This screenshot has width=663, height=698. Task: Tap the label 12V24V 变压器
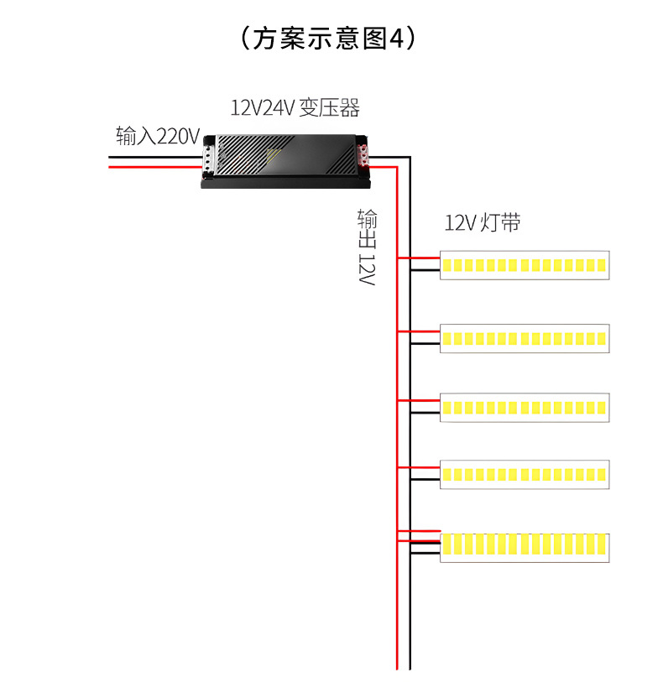point(295,107)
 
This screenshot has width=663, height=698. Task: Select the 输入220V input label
point(158,135)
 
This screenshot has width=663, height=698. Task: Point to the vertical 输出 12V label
point(367,247)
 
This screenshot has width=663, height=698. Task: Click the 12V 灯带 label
point(483,223)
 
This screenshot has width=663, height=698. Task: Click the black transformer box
point(285,159)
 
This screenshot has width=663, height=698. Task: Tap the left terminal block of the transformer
point(209,157)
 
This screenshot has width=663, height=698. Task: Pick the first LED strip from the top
point(525,265)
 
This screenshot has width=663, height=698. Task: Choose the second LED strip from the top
point(525,338)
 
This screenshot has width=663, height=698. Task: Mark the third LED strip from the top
point(525,407)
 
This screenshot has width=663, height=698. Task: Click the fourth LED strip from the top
point(525,474)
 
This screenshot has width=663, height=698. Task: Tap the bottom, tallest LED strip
point(525,547)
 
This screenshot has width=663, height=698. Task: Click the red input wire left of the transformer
point(155,167)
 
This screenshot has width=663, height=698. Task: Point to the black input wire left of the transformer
point(155,155)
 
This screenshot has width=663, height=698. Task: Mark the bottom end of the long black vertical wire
point(410,666)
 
